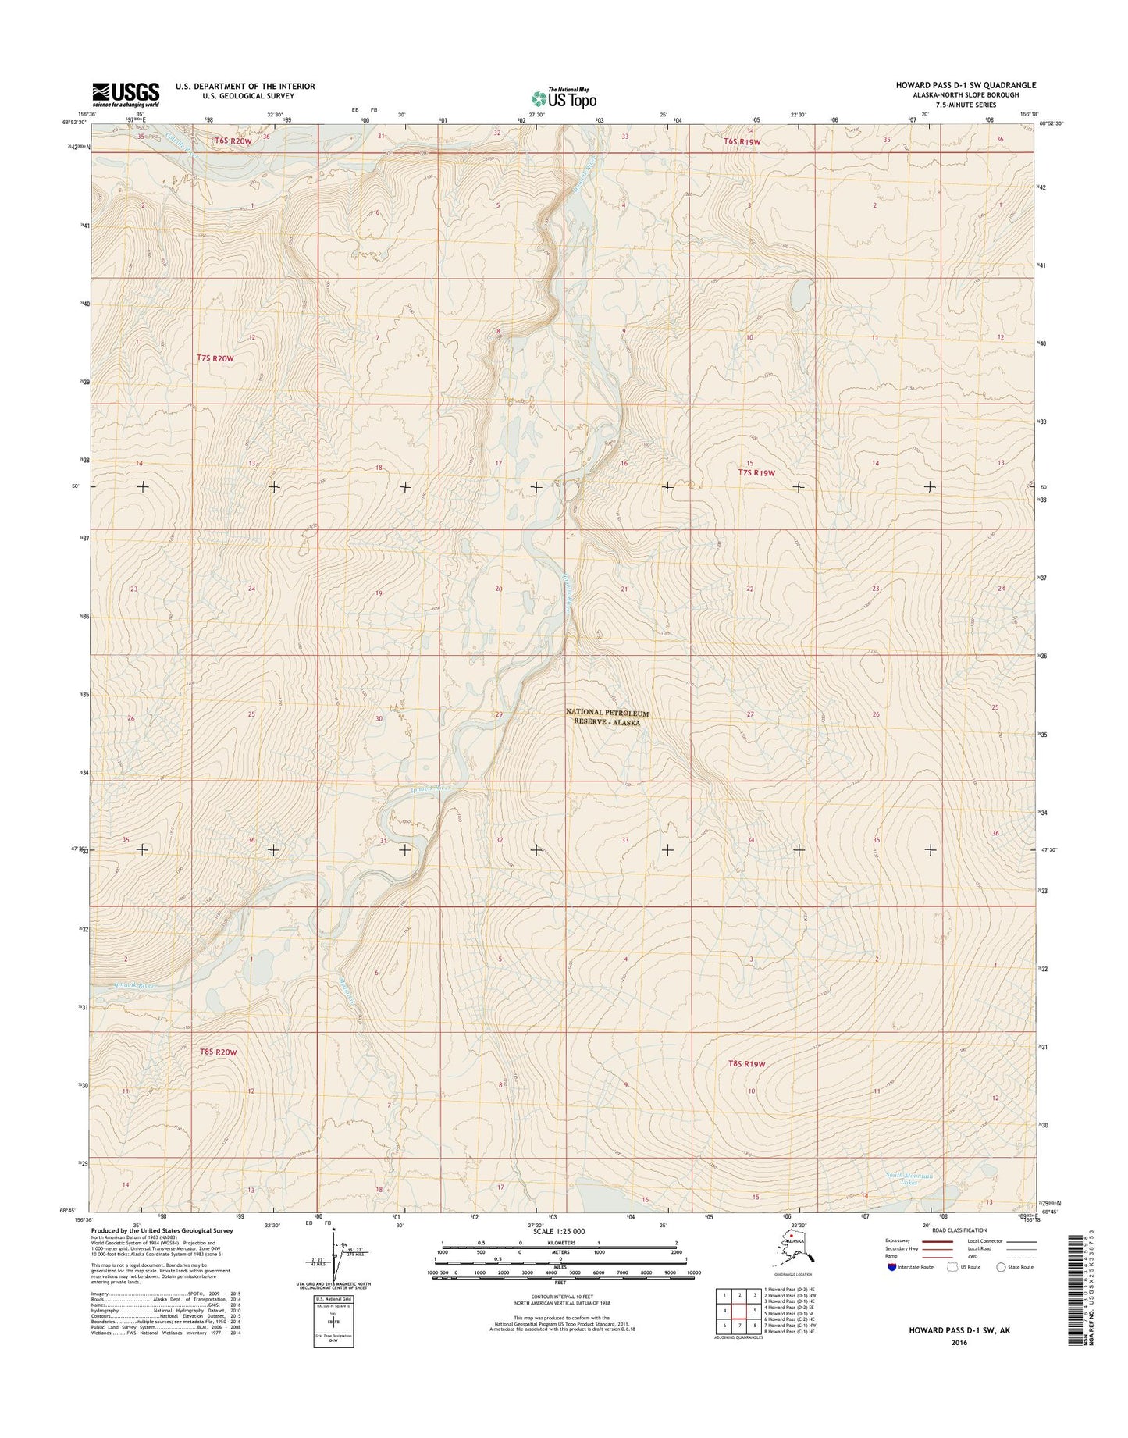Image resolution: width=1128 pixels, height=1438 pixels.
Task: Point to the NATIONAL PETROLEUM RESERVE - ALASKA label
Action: click(x=607, y=718)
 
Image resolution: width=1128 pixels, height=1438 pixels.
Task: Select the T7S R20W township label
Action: click(x=215, y=358)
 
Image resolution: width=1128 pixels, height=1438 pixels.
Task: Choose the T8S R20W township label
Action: click(x=216, y=1052)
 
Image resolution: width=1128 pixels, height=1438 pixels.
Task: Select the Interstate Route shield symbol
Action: click(x=892, y=1289)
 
